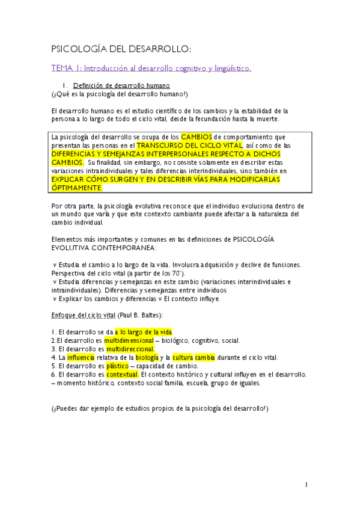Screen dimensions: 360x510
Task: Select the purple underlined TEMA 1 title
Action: coord(150,69)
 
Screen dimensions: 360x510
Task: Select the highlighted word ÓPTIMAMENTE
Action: coord(77,188)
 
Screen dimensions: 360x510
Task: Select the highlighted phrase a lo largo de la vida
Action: coord(144,331)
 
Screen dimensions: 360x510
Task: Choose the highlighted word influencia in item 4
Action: coord(81,357)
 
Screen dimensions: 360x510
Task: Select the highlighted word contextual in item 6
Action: coord(123,373)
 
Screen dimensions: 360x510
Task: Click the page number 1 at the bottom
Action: coord(306,485)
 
